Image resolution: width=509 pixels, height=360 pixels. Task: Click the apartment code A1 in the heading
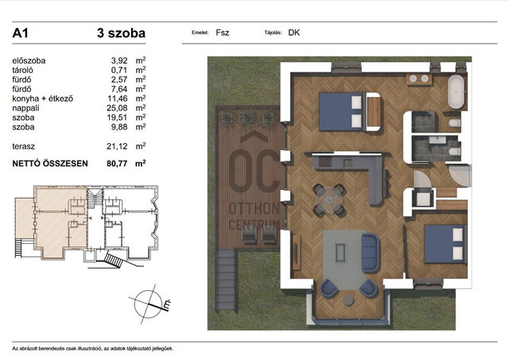coord(20,33)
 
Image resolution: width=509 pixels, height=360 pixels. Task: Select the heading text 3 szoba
coord(121,33)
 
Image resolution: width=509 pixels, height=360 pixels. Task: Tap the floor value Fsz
coord(223,33)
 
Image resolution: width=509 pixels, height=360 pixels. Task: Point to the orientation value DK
coord(293,33)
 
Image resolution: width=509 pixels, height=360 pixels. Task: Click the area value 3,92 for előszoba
coord(119,60)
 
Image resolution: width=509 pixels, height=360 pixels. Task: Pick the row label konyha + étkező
coord(42,99)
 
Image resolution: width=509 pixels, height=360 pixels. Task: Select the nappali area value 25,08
coord(117,108)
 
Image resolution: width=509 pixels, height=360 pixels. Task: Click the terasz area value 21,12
coord(117,146)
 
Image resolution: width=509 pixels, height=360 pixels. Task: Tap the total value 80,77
coord(117,164)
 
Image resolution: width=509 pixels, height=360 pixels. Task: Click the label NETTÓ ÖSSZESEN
coord(50,164)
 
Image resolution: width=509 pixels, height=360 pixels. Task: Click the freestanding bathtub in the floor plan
coord(456,91)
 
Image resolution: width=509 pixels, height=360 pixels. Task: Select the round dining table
coord(329,200)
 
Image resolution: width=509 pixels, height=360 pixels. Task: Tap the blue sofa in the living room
coord(371,253)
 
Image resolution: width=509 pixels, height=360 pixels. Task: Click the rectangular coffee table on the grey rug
coord(340,253)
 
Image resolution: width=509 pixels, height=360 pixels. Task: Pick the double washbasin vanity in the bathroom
coord(419,79)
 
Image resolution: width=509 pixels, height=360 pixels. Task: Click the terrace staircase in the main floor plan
coord(226,280)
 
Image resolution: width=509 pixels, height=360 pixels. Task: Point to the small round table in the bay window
coord(348,300)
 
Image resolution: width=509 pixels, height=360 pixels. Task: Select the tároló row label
coord(23,71)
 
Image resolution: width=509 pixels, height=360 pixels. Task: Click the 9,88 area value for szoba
coord(119,127)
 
